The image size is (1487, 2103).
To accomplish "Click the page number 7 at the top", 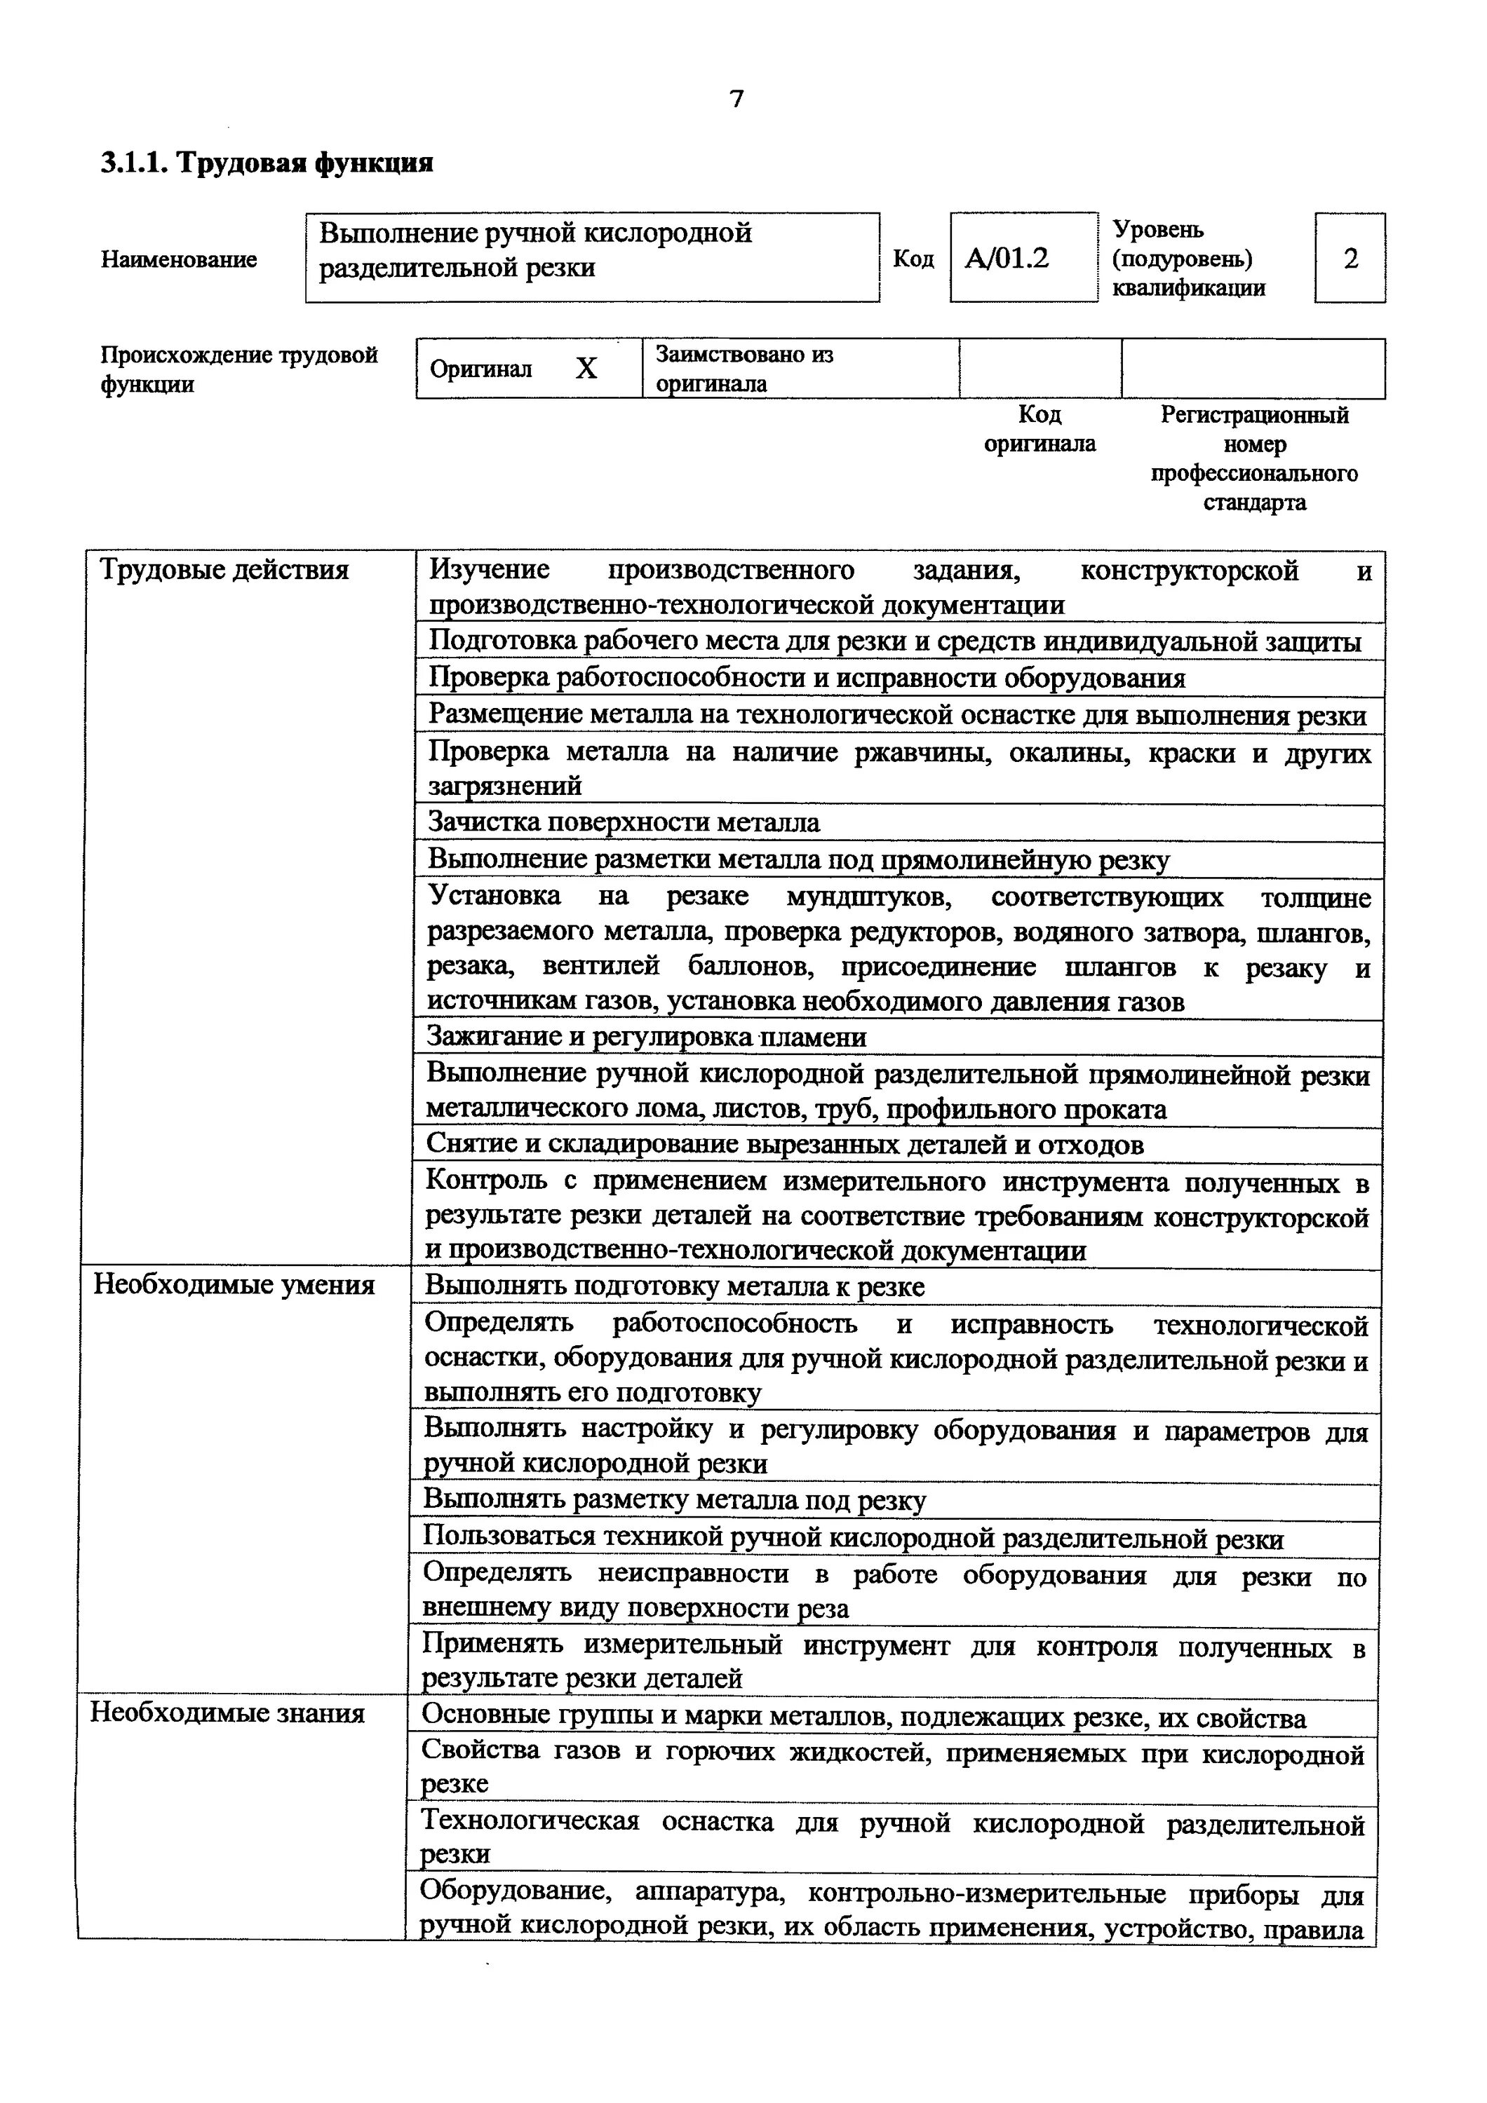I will pyautogui.click(x=736, y=99).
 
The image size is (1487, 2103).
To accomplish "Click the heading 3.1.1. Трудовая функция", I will pyautogui.click(x=267, y=163).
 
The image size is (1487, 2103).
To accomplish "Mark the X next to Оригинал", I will pyautogui.click(x=586, y=368).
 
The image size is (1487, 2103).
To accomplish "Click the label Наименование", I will pyautogui.click(x=179, y=259).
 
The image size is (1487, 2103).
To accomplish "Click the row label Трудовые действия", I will pyautogui.click(x=224, y=570).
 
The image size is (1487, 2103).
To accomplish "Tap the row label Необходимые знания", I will pyautogui.click(x=227, y=1713).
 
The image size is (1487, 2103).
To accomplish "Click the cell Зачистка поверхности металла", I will pyautogui.click(x=624, y=822).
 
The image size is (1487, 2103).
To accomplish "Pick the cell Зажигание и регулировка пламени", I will pyautogui.click(x=647, y=1037).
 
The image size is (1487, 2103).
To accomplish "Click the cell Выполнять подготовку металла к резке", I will pyautogui.click(x=674, y=1287).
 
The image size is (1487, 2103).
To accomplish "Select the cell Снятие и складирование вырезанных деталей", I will pyautogui.click(x=785, y=1145).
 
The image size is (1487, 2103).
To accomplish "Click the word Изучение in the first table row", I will pyautogui.click(x=490, y=570).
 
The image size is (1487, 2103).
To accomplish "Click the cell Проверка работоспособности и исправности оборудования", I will pyautogui.click(x=806, y=678).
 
